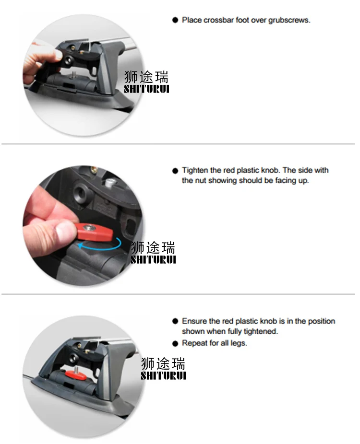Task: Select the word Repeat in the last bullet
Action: pyautogui.click(x=192, y=343)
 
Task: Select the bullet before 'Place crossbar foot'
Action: pyautogui.click(x=175, y=20)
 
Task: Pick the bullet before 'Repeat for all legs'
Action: pyautogui.click(x=175, y=343)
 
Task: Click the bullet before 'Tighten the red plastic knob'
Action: pyautogui.click(x=175, y=171)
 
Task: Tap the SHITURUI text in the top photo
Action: pyautogui.click(x=146, y=89)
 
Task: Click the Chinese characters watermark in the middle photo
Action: pyautogui.click(x=153, y=247)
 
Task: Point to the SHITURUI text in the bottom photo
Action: pyautogui.click(x=163, y=376)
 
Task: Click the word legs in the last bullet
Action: pyautogui.click(x=239, y=343)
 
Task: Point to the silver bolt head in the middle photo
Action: pyautogui.click(x=109, y=182)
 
